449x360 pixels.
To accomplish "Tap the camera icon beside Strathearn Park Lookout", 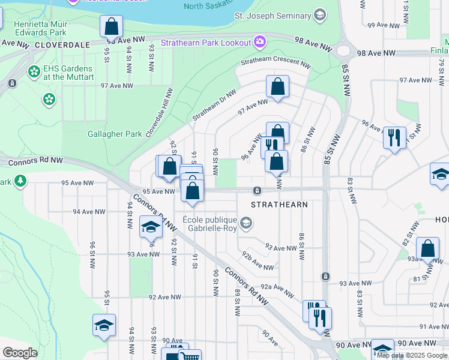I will [x=259, y=42].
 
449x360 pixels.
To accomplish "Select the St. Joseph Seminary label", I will [x=273, y=14].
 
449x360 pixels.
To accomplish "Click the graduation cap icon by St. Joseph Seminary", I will [x=319, y=14].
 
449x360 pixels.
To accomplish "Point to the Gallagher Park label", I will [x=115, y=134].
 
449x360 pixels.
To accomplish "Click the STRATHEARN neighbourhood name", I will [x=279, y=205].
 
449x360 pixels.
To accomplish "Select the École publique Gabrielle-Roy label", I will [x=211, y=224].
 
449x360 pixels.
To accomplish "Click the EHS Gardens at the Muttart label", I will [x=68, y=73].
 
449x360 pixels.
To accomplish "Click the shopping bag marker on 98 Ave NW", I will [x=111, y=26].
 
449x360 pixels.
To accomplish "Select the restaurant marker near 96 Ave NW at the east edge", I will [x=394, y=138].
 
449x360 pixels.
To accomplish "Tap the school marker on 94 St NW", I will [x=151, y=227].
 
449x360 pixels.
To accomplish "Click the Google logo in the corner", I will [x=20, y=353].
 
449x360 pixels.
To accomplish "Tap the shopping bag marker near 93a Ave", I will [x=427, y=249].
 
